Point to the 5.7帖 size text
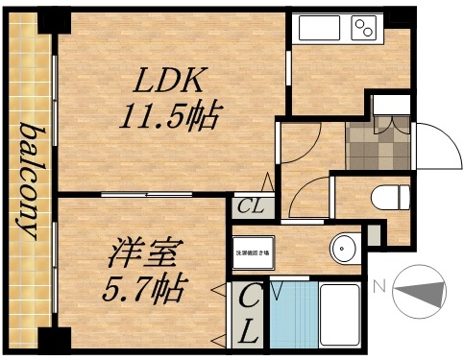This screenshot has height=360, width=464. pos(141,286)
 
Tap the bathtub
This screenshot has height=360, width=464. pos(338,316)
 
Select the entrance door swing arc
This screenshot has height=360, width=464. pos(430,144)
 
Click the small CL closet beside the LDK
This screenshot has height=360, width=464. pos(252,205)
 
